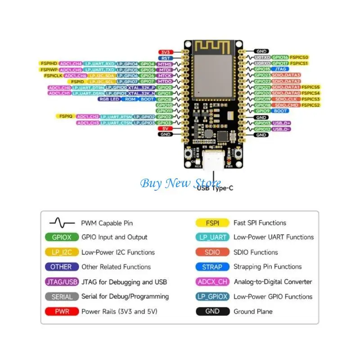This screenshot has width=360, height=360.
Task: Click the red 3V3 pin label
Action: [165, 52]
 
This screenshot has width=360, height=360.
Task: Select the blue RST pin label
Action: [165, 58]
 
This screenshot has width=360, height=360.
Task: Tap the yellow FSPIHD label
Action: [48, 64]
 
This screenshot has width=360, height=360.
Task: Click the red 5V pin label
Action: [165, 129]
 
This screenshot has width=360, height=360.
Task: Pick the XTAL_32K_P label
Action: [141, 87]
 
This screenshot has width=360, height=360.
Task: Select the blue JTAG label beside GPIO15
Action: [280, 69]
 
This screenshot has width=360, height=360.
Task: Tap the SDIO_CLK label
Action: [286, 99]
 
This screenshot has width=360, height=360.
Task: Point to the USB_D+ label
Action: [281, 123]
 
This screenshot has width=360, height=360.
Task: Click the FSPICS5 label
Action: [311, 87]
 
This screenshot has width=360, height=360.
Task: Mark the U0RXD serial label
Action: [262, 63]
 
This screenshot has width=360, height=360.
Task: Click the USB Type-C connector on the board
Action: [211, 162]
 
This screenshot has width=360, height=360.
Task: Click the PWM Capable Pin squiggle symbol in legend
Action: [62, 223]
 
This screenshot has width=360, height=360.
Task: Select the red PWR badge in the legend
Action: [62, 311]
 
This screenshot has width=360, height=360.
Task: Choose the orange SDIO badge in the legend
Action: [212, 252]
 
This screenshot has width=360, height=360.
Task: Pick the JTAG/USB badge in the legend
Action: [62, 282]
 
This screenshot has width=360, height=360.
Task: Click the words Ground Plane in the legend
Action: [253, 311]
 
